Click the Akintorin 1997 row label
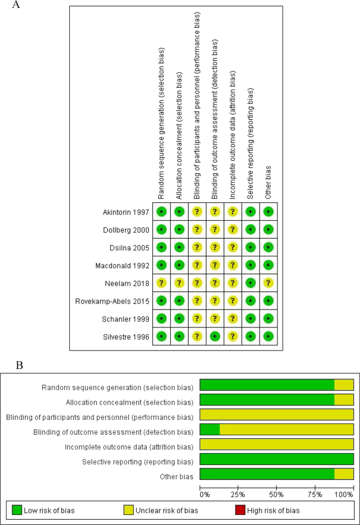coord(126,212)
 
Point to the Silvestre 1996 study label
coord(126,336)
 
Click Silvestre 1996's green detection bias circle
coord(215,336)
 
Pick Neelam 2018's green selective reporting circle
coord(251,283)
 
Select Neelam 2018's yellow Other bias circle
coord(269,283)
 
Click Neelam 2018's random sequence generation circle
coord(161,283)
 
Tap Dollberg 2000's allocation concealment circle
coord(179,230)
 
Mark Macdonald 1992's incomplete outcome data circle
coord(233,265)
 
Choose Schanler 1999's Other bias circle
coord(269,319)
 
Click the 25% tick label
coord(238,495)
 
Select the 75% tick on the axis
coord(315,495)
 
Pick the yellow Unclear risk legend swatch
coord(128,510)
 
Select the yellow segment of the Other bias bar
coord(344,476)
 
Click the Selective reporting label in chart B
coord(137,461)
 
